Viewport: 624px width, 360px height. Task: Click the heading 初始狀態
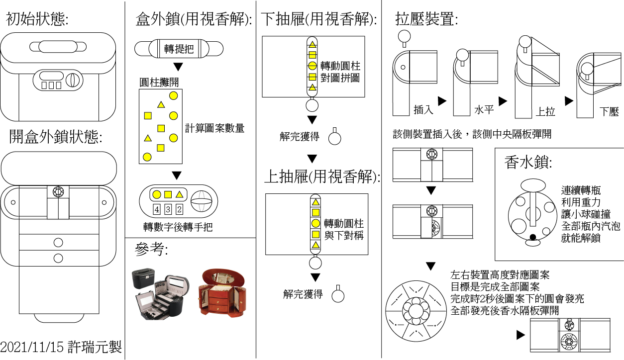(37, 19)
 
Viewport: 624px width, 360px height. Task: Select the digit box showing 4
(157, 209)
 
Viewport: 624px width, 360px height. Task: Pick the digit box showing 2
(179, 209)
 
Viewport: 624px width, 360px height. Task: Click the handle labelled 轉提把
(179, 49)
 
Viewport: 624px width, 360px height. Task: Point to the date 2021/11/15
(33, 347)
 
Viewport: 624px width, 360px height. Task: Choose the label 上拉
(545, 111)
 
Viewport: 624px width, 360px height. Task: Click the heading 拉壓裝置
(426, 20)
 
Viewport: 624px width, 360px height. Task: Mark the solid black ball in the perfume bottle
(533, 238)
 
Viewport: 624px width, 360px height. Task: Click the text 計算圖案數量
(214, 128)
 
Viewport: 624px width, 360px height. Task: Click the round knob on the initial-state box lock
(73, 80)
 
